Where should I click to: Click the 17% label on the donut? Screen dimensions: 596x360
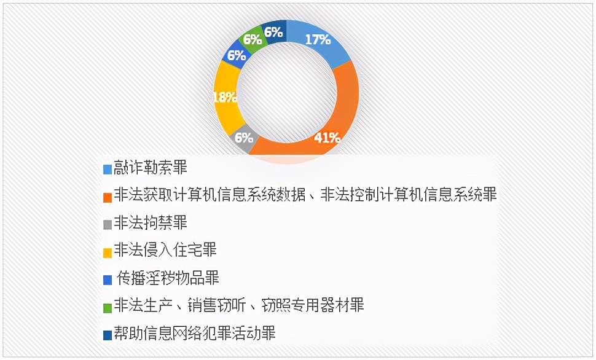click(x=318, y=39)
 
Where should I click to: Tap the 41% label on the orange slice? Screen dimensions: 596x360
click(x=327, y=138)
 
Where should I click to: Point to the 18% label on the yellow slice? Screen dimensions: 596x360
click(x=225, y=98)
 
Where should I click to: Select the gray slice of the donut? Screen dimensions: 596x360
click(x=243, y=138)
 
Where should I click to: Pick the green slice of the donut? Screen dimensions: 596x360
click(x=253, y=39)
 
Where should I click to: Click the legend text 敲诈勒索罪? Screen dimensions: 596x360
click(x=151, y=168)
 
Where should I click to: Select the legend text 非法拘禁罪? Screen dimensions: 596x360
click(x=151, y=223)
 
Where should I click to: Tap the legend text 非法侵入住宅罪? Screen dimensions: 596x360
click(x=165, y=250)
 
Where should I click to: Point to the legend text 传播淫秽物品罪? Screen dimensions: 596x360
click(x=168, y=278)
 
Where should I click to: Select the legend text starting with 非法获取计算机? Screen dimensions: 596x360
click(x=305, y=195)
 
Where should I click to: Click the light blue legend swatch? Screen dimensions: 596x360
click(x=108, y=169)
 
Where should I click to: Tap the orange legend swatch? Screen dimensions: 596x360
click(x=108, y=197)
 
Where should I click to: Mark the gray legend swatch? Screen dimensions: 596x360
click(x=108, y=225)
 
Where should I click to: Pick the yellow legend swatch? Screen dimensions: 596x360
click(x=108, y=252)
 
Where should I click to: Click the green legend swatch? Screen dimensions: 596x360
click(x=108, y=308)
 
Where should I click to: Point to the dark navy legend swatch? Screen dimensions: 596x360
click(x=108, y=335)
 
